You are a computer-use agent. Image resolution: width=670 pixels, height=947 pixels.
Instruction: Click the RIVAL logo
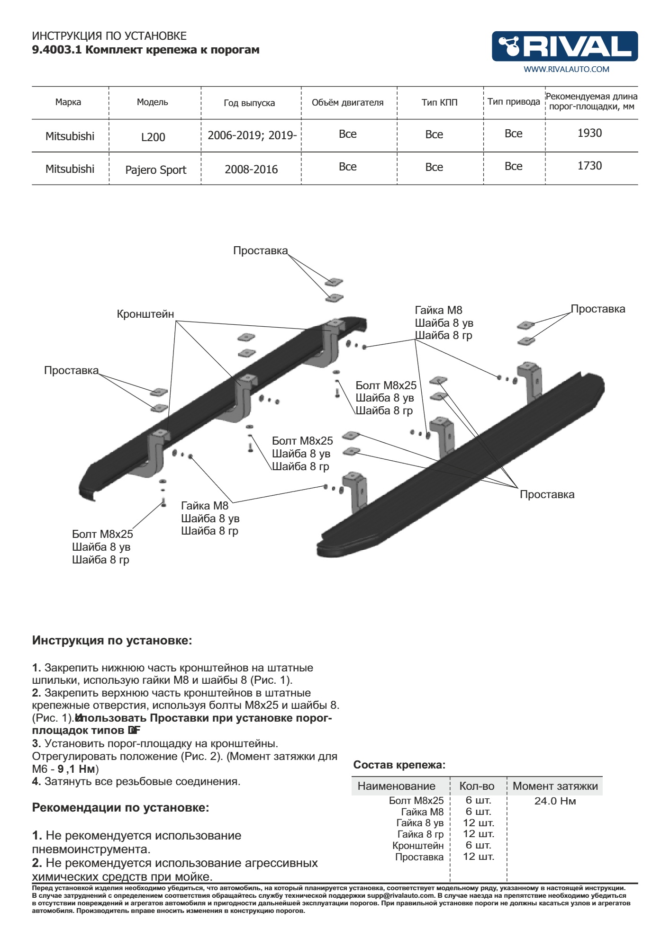point(565,46)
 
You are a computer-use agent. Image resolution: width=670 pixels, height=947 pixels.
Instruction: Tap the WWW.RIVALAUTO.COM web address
point(566,69)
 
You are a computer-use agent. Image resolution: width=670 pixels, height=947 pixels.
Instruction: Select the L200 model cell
point(153,137)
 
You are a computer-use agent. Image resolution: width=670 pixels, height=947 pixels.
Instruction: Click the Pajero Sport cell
point(155,170)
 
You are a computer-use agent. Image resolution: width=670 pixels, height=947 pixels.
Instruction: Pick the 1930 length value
point(589,133)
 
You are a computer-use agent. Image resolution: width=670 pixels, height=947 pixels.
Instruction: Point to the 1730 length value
point(589,166)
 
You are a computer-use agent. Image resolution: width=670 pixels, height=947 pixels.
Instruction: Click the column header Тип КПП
point(439,102)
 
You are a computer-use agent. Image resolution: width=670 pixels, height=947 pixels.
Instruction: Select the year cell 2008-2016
point(251,170)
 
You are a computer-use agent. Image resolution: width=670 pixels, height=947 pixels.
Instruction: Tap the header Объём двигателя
point(347,103)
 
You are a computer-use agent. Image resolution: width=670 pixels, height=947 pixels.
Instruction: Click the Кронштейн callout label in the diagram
point(145,314)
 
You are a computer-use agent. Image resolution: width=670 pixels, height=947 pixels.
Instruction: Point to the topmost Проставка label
point(260,250)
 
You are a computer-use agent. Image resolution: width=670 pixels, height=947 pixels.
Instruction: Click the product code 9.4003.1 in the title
point(56,50)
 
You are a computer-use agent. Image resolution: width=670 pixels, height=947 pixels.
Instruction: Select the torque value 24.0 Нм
point(555,801)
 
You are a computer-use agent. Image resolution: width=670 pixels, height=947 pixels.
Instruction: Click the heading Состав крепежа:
point(399,765)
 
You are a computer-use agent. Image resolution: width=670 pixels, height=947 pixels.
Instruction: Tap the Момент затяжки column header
point(555,786)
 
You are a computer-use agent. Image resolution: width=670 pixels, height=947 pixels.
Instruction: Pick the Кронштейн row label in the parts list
point(418,845)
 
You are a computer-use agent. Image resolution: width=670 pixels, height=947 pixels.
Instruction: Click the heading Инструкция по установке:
point(112,641)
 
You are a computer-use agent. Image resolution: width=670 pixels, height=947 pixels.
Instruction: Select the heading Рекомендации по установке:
point(120,808)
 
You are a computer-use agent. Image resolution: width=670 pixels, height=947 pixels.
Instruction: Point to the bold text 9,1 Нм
point(76,768)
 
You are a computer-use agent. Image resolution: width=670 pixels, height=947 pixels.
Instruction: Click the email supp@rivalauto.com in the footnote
point(400,895)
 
